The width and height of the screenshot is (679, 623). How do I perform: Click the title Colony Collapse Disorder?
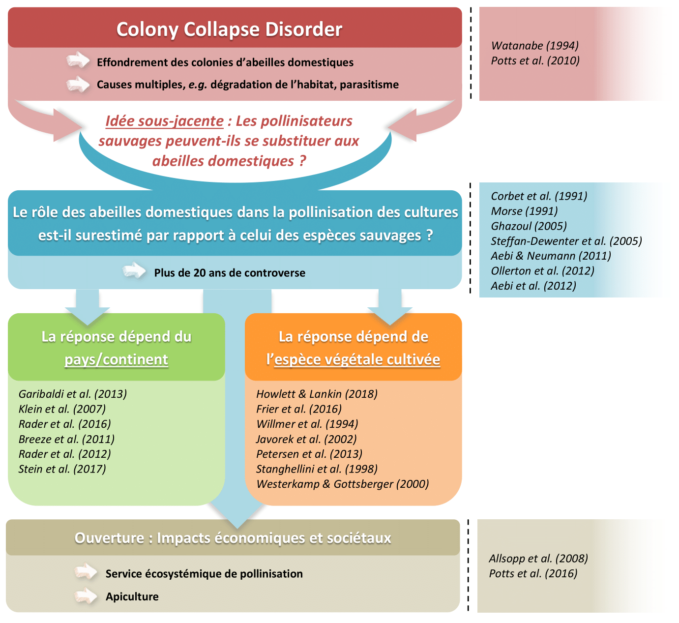[x=229, y=30]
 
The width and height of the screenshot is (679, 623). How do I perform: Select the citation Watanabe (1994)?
[x=535, y=46]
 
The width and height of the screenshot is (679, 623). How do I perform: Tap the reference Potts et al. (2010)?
[x=535, y=60]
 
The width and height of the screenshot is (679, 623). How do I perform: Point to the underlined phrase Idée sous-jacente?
[x=165, y=121]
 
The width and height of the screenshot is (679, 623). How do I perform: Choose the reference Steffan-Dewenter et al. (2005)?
[x=566, y=241]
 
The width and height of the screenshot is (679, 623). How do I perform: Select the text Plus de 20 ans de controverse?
[x=230, y=273]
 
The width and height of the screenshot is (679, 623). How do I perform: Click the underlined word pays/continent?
[x=117, y=359]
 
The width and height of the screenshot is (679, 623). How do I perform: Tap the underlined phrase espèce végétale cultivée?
[x=357, y=359]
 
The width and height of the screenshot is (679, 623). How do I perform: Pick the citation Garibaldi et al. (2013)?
[x=73, y=394]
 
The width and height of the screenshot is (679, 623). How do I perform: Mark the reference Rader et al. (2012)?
[x=65, y=454]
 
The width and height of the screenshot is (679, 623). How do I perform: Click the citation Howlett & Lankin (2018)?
[x=317, y=394]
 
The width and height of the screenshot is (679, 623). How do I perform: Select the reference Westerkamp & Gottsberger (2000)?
[x=343, y=484]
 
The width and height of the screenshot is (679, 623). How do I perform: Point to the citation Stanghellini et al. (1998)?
[x=317, y=469]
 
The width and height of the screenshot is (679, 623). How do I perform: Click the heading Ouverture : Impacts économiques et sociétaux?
[x=233, y=538]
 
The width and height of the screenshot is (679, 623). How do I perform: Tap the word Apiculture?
[x=132, y=597]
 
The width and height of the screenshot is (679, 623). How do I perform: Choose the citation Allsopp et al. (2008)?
[x=538, y=559]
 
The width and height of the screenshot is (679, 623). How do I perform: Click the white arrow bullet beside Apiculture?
[x=86, y=596]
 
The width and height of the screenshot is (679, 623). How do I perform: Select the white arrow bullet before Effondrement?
[x=78, y=61]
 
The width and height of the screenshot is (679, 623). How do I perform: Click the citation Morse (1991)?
[x=524, y=211]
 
